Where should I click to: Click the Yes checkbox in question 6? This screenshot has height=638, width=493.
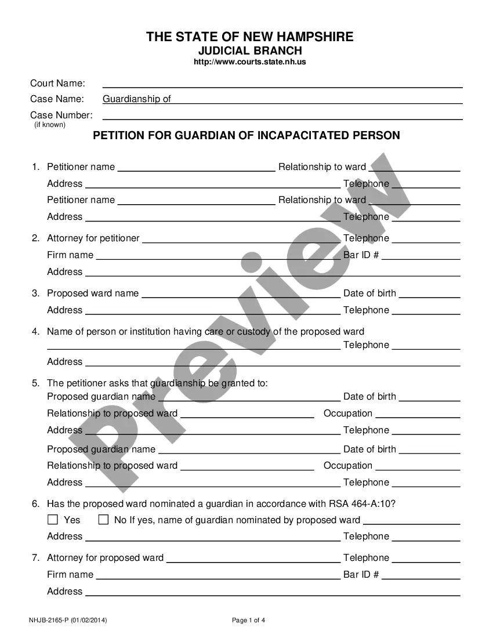[53, 520]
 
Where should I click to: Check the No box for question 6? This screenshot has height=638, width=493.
[104, 520]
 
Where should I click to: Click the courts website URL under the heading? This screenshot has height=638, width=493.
[249, 62]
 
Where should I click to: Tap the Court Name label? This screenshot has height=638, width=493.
[57, 84]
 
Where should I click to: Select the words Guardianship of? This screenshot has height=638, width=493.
[137, 99]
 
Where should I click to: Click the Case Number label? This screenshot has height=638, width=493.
[61, 115]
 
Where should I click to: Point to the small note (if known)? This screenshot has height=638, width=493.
[50, 124]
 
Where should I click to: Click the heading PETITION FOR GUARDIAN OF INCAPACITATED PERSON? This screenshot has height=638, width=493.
[246, 136]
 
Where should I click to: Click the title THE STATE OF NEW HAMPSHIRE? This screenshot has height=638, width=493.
[249, 37]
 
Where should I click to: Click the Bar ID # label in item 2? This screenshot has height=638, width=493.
[361, 255]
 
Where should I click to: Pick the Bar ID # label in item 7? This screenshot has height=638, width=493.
[361, 574]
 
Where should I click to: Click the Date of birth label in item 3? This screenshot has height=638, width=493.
[369, 293]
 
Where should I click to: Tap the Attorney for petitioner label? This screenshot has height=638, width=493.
[93, 238]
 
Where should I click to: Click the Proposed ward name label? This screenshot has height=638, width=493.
[93, 293]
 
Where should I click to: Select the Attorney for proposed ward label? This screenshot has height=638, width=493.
[105, 558]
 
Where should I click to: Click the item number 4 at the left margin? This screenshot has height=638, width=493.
[35, 332]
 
